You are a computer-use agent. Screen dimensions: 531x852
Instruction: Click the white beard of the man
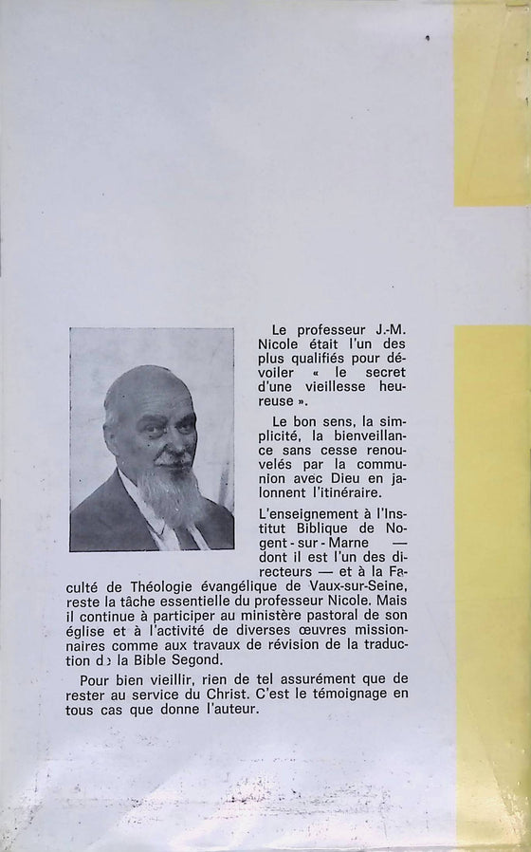tap(170, 492)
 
